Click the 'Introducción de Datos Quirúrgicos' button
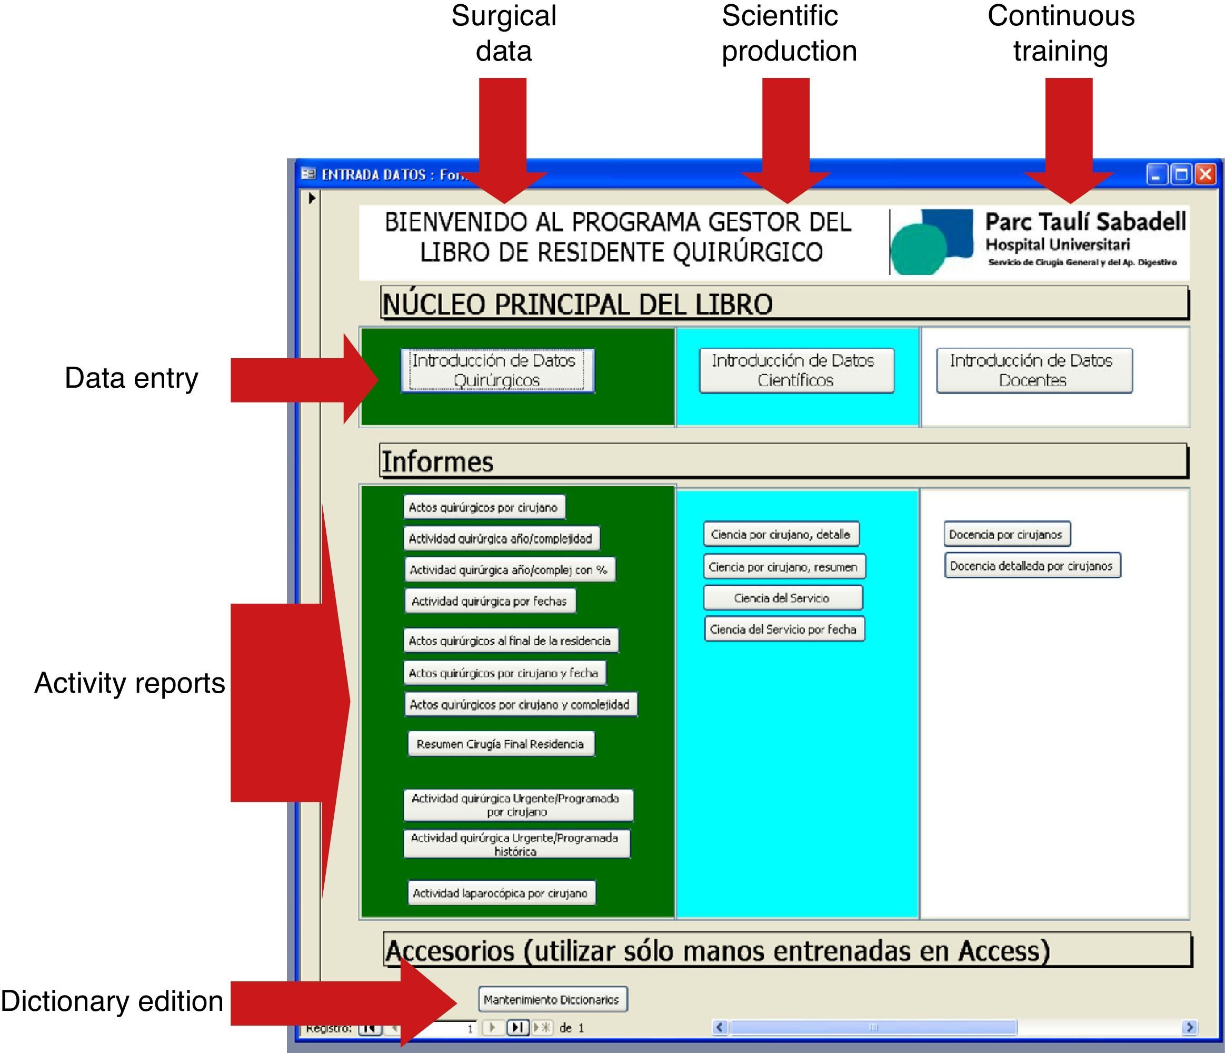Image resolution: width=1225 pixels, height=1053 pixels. (497, 370)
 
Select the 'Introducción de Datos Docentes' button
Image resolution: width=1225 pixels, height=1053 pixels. (1033, 370)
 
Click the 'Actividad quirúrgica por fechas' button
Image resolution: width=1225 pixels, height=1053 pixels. (489, 601)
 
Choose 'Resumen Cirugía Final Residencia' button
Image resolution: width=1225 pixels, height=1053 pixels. (500, 744)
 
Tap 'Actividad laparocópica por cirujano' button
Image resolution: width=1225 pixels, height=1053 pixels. (500, 893)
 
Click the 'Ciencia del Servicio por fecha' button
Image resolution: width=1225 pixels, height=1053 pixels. (783, 629)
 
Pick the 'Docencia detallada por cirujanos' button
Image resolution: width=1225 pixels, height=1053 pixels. (1031, 566)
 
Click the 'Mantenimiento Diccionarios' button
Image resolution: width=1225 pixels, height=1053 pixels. (552, 999)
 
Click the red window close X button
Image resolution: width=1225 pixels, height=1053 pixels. (1205, 174)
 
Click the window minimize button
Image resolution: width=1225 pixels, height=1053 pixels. (1157, 174)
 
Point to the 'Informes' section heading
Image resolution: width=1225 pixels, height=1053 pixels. (437, 461)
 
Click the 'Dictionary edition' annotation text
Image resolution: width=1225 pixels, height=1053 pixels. (112, 1001)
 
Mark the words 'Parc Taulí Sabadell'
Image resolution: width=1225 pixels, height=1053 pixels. (1085, 222)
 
